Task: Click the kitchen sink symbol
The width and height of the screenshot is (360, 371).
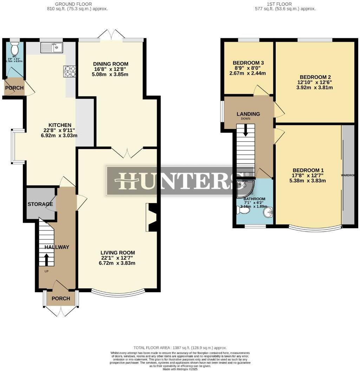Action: [51, 47]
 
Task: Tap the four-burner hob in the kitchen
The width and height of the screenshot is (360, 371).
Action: [70, 71]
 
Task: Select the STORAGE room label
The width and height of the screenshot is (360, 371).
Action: [40, 204]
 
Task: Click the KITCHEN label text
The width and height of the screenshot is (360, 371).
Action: [60, 125]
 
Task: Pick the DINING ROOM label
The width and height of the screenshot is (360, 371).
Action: [111, 64]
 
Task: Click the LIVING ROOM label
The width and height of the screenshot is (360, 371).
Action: [118, 253]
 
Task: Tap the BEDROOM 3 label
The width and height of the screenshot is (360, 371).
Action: [248, 63]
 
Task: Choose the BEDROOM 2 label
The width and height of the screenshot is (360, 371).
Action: [315, 77]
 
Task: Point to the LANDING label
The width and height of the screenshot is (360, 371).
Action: [248, 114]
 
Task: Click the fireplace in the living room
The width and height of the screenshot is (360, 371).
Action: [152, 218]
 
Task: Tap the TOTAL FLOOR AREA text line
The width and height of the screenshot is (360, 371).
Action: [179, 347]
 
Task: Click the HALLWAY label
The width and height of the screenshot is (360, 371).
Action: [57, 247]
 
